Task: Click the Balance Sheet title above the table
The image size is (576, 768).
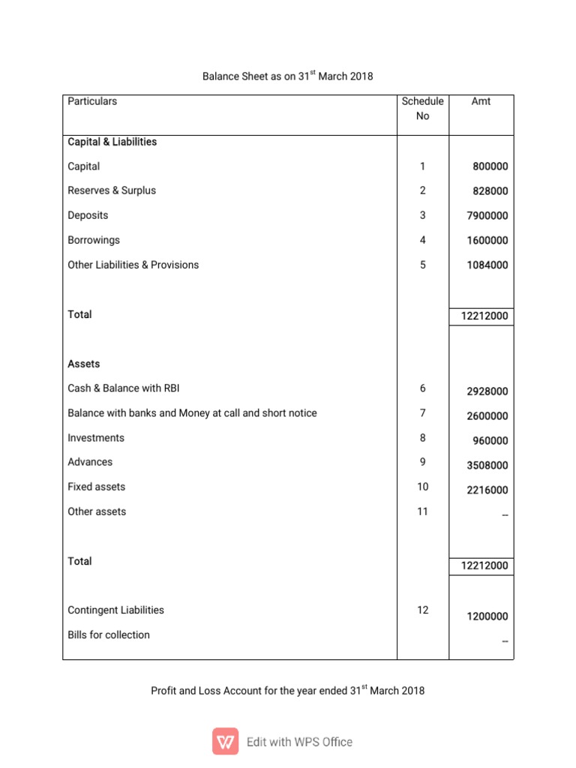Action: pyautogui.click(x=288, y=76)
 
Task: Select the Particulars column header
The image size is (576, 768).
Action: pyautogui.click(x=92, y=101)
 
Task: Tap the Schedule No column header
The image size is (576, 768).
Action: pyautogui.click(x=422, y=109)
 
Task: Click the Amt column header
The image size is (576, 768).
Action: pyautogui.click(x=481, y=101)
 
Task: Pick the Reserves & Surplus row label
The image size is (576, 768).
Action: pyautogui.click(x=112, y=190)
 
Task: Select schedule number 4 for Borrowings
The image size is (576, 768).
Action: pyautogui.click(x=422, y=240)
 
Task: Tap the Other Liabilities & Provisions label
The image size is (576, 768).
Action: pyautogui.click(x=133, y=265)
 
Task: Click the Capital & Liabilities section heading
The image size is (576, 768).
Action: pyautogui.click(x=112, y=142)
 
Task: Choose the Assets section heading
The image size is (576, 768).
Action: pyautogui.click(x=83, y=364)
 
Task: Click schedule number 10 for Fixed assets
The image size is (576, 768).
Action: pyautogui.click(x=422, y=487)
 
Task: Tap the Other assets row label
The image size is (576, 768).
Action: pyautogui.click(x=97, y=511)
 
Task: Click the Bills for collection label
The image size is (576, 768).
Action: pyautogui.click(x=109, y=634)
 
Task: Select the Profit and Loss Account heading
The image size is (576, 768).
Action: pyautogui.click(x=288, y=691)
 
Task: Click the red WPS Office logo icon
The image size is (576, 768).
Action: pyautogui.click(x=225, y=741)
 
